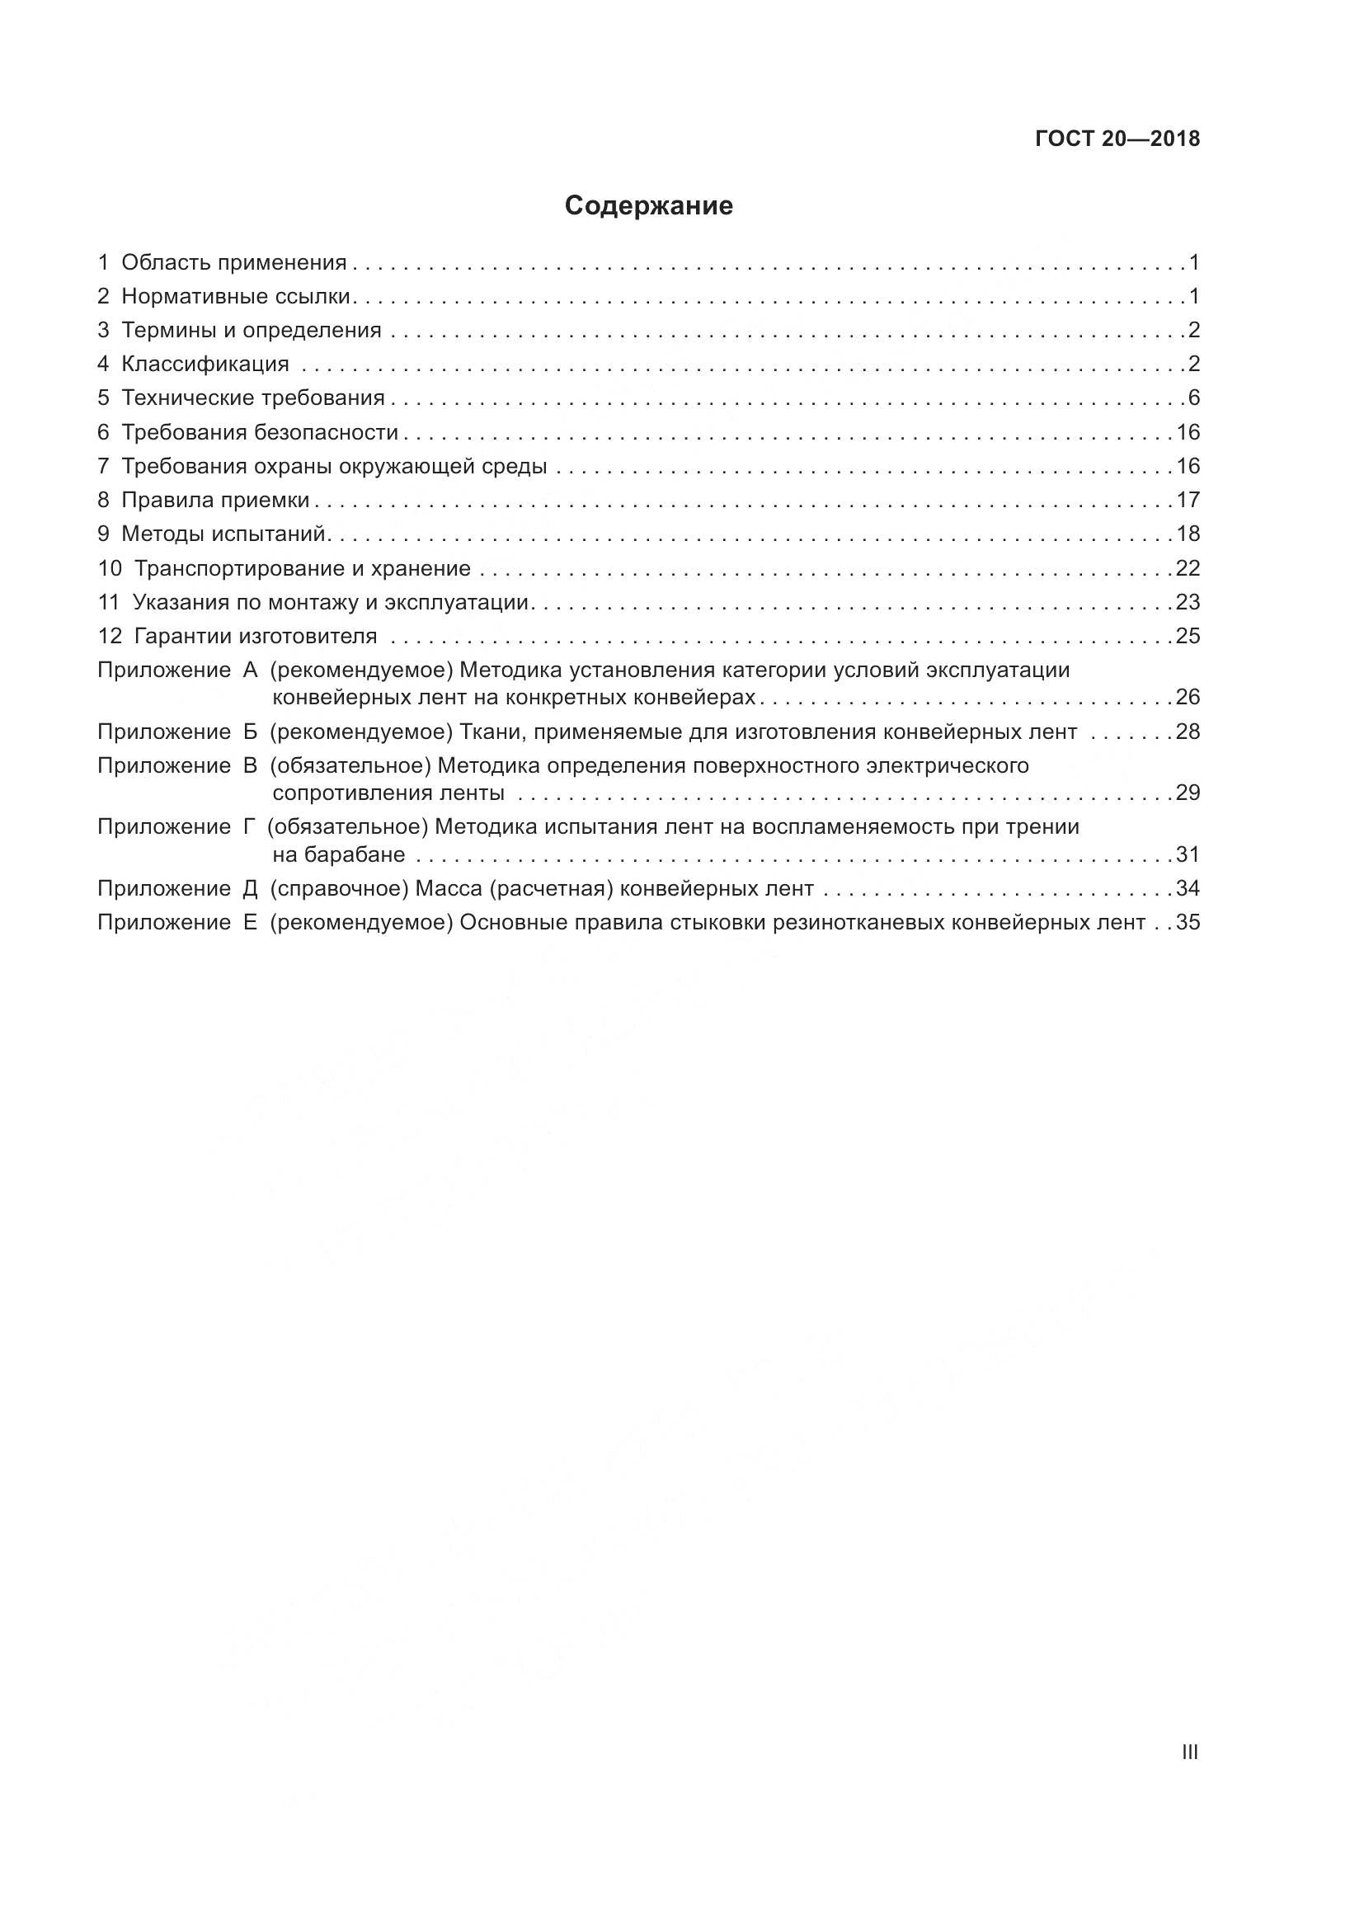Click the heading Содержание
tap(648, 206)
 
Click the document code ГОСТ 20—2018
tap(1117, 139)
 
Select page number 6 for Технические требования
tap(1193, 398)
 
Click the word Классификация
tap(205, 365)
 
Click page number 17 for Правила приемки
tap(1188, 501)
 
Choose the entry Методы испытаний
tap(223, 534)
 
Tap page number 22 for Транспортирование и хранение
tap(1188, 569)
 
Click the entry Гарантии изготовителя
tap(256, 636)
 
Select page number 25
tap(1188, 636)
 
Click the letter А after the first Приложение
tap(249, 670)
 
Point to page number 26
tap(1188, 698)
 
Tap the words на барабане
tap(338, 855)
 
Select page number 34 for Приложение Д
tap(1188, 889)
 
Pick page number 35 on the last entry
tap(1188, 924)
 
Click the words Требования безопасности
tap(260, 433)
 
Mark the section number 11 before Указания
tap(109, 602)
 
